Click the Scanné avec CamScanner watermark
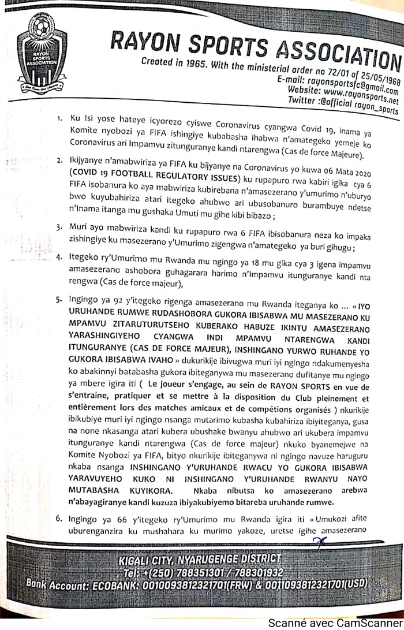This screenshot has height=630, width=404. click(334, 622)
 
